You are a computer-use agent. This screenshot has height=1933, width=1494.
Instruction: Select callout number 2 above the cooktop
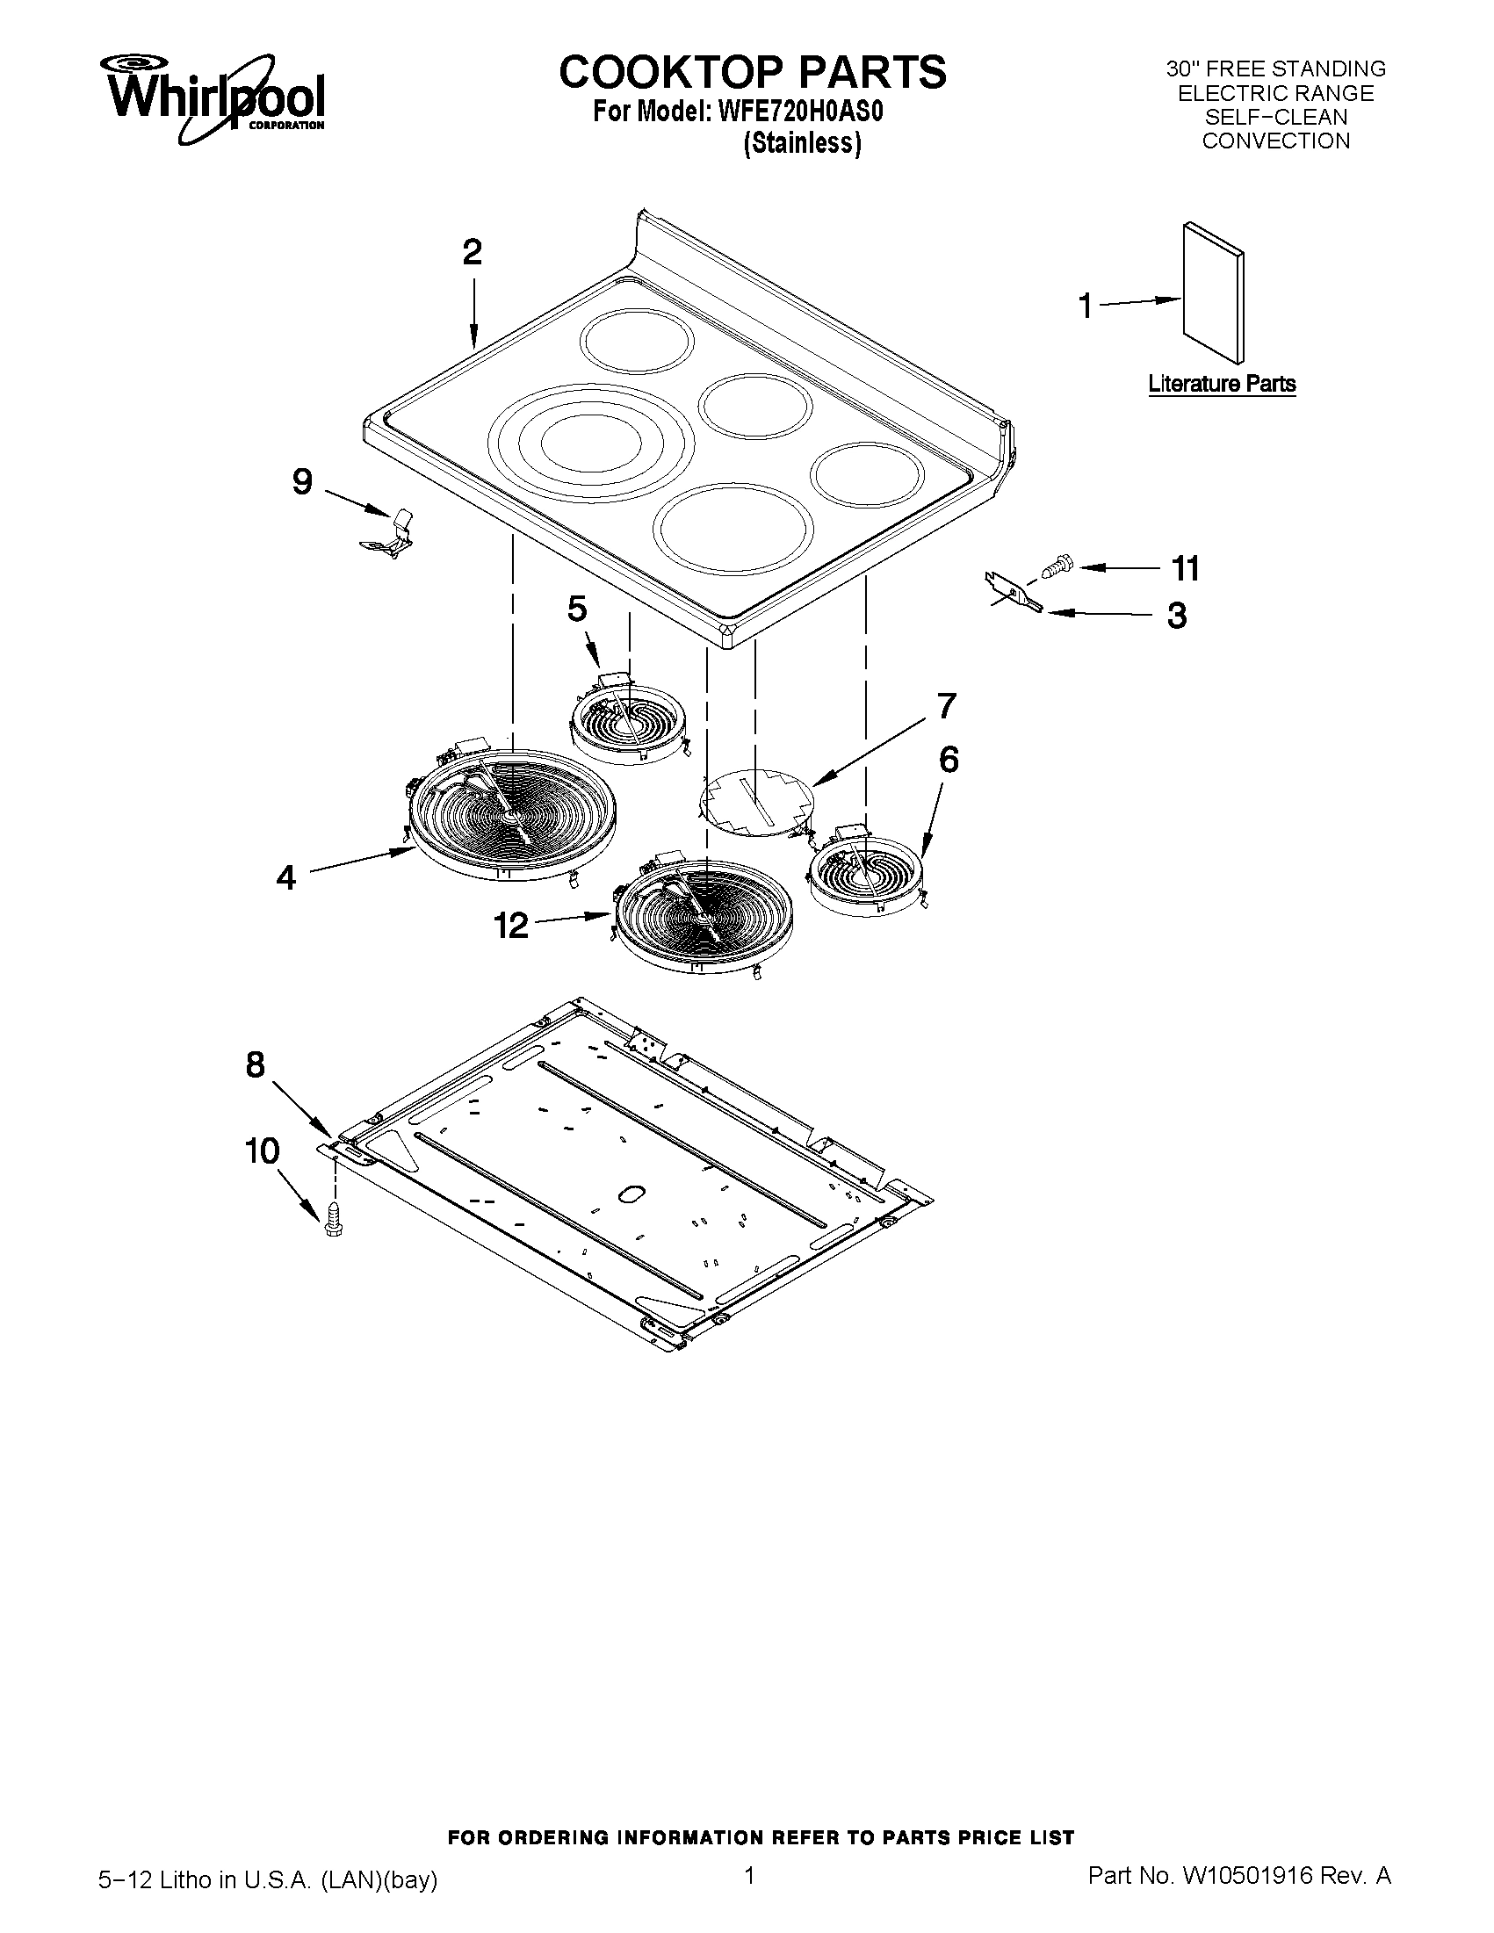click(472, 253)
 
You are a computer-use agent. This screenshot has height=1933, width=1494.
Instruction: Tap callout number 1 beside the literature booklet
click(1085, 307)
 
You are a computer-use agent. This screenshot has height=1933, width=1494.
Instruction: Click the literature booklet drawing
click(1213, 292)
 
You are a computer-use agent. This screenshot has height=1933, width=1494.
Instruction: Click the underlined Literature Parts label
click(1222, 384)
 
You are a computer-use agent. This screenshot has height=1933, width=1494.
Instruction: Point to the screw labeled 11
click(1056, 564)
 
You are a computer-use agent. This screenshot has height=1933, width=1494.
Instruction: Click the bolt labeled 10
click(334, 1221)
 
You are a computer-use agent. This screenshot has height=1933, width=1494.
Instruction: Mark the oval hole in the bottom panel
click(630, 1195)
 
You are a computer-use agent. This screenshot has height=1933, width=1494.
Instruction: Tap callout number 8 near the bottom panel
click(255, 1064)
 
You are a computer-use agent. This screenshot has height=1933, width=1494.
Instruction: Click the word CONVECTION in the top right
click(1275, 141)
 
